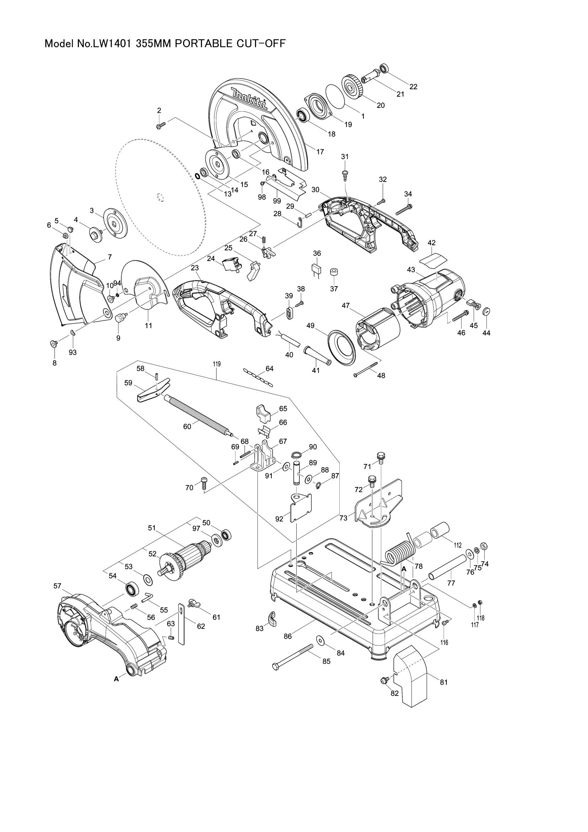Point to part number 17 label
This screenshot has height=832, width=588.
coord(320,152)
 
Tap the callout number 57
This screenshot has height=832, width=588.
coord(57,585)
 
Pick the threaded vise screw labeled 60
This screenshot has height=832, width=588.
coord(197,413)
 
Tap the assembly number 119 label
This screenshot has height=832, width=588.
coord(217,364)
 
